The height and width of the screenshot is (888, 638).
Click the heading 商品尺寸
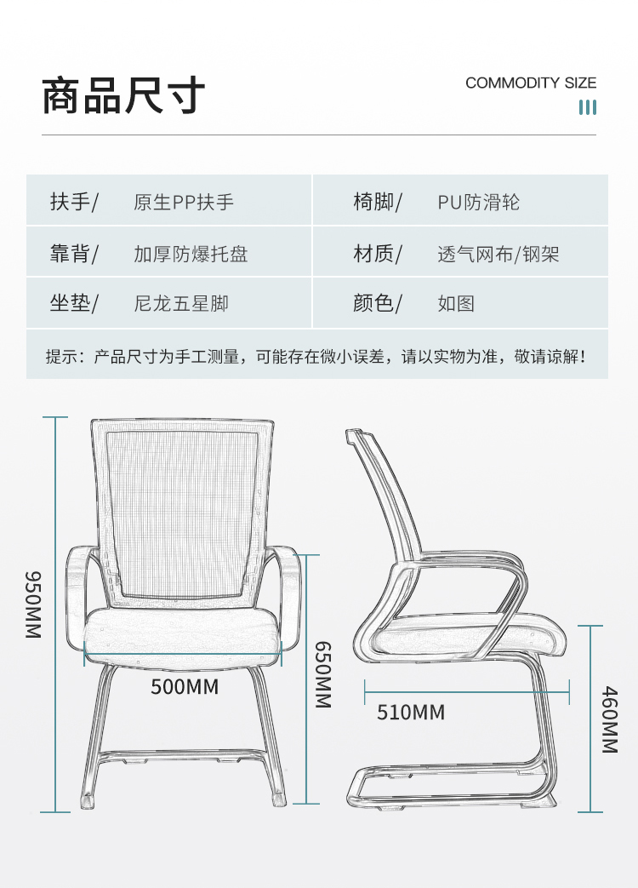point(123,96)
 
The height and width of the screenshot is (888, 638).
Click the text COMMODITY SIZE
point(531,83)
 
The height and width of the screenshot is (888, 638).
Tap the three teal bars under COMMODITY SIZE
point(588,107)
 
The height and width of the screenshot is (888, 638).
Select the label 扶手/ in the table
point(74,201)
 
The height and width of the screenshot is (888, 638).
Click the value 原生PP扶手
point(184,202)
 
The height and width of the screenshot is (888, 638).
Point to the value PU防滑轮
point(478,202)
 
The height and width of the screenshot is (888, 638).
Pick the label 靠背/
point(74,253)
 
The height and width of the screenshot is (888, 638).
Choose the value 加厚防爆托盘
point(191,254)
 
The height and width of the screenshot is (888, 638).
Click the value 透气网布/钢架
point(498,254)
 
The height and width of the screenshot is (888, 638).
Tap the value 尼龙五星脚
point(181,304)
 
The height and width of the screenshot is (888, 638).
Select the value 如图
point(456,304)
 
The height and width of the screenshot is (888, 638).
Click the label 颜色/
point(377,303)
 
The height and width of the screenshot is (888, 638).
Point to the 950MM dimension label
point(33,604)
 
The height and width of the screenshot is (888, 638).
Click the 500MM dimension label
point(185,686)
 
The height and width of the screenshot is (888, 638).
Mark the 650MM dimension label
point(323,674)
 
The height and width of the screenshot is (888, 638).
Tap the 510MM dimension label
point(411,712)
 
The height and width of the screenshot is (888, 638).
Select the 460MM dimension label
point(610,719)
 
